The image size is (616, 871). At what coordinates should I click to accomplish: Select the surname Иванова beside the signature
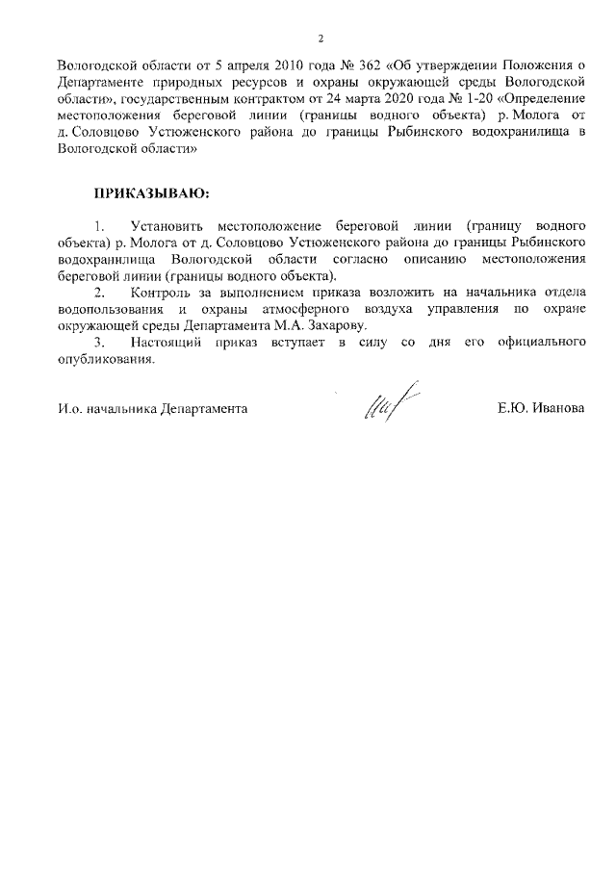tap(557, 408)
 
